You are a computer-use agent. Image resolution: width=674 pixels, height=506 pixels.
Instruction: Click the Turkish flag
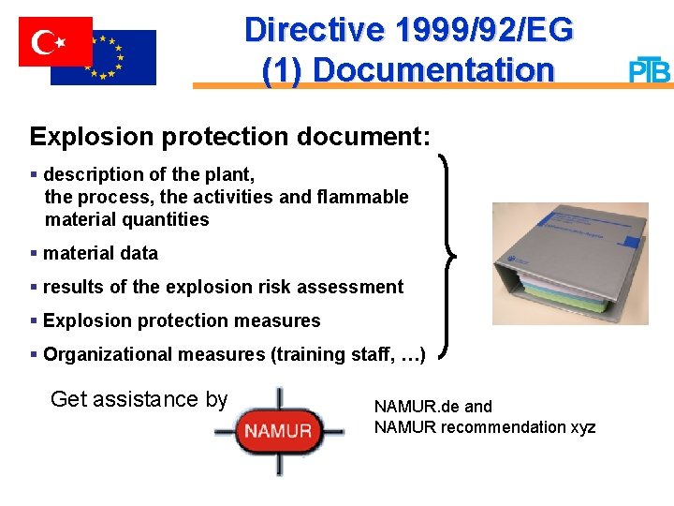click(55, 41)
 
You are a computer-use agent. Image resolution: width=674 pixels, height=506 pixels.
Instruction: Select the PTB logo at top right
click(649, 70)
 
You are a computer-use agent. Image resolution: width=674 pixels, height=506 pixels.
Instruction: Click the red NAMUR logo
click(278, 432)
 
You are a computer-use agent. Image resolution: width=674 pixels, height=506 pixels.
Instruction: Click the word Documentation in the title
click(433, 70)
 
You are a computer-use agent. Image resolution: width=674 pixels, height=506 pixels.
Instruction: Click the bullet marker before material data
click(34, 253)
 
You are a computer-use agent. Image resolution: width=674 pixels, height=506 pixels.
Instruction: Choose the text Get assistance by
click(139, 399)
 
